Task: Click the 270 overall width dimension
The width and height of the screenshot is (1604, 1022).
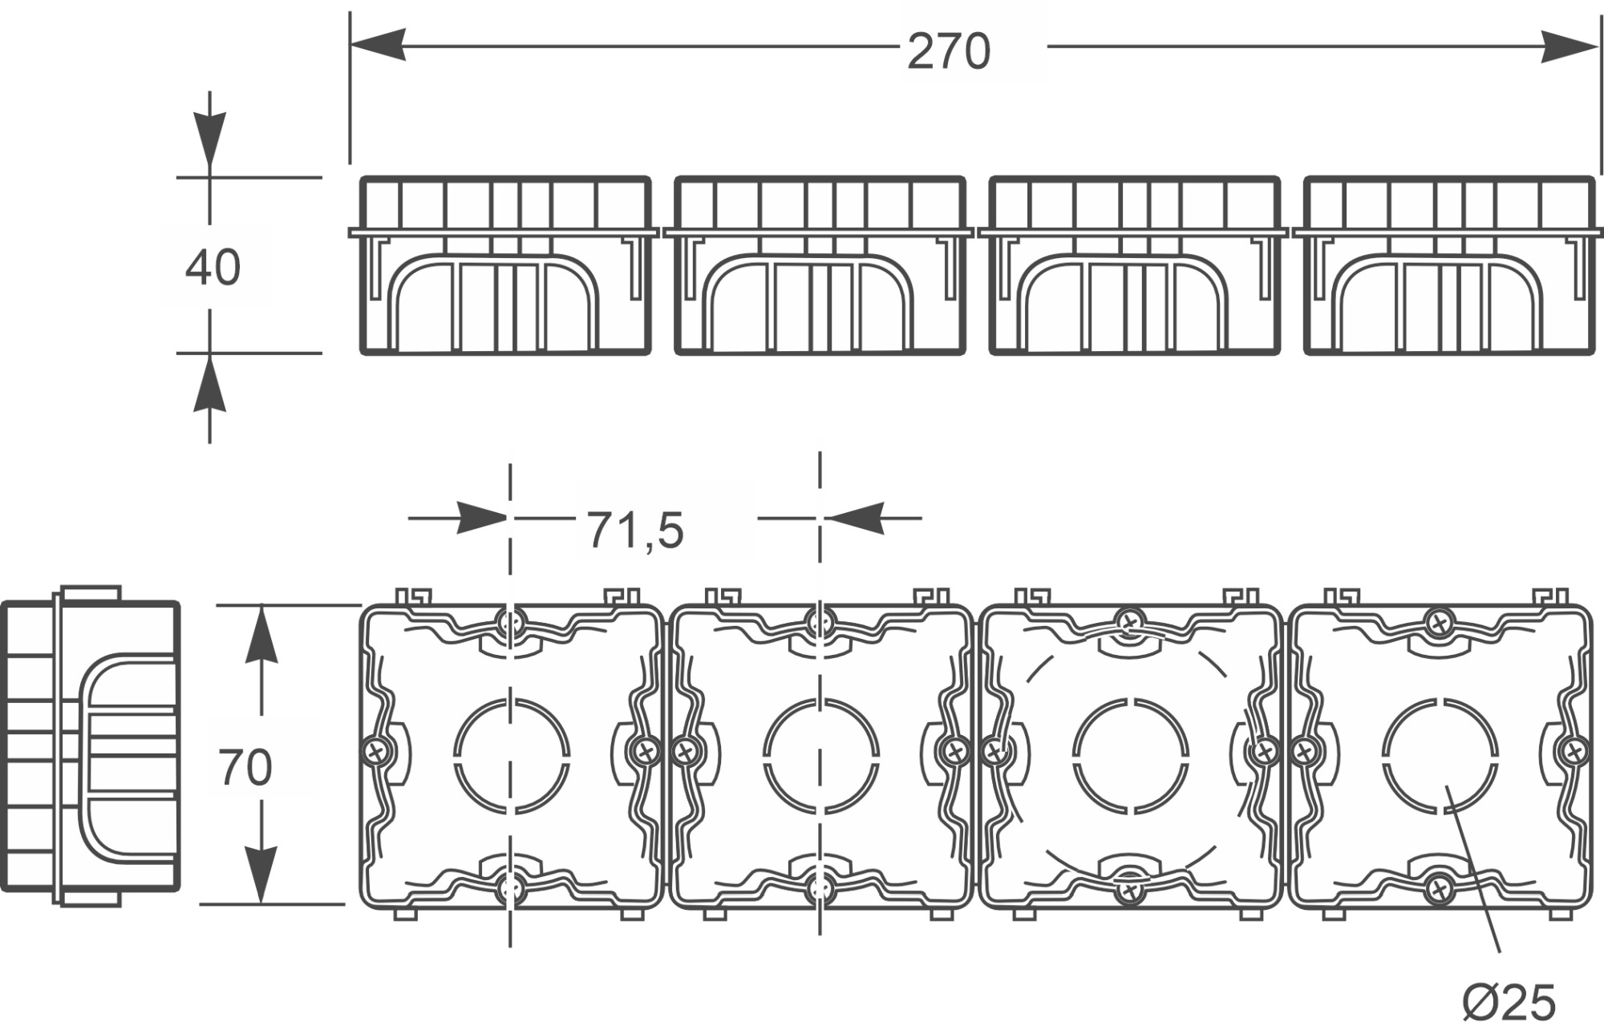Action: point(949,52)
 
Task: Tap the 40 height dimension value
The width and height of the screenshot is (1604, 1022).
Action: point(213,268)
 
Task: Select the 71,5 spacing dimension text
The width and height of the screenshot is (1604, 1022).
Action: point(635,530)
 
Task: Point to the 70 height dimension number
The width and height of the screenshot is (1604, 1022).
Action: point(245,767)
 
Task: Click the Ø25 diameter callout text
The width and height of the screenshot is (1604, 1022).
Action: point(1509,1001)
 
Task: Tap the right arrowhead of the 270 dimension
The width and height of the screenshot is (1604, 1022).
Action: point(1570,46)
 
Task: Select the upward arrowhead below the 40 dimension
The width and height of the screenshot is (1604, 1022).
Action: point(209,385)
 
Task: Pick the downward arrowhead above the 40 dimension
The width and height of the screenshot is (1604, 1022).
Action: point(209,140)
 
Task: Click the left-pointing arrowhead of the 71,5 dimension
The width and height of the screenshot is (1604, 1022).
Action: point(854,518)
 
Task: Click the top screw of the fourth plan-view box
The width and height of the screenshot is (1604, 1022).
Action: point(1439,621)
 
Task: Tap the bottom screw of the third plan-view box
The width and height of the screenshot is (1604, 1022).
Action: point(1130,889)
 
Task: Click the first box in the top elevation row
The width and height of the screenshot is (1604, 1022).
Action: point(504,265)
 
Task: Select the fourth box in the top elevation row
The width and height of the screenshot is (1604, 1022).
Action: point(1448,265)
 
